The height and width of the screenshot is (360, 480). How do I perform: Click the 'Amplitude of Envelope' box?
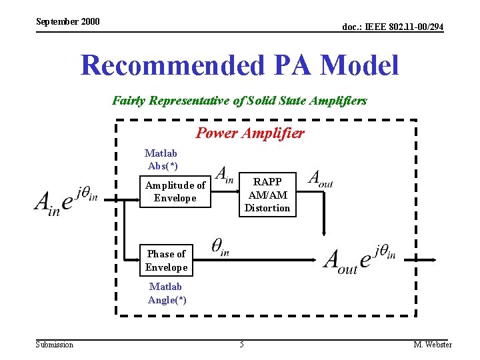coord(175,191)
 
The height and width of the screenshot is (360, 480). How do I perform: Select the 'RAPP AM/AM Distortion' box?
coord(267,195)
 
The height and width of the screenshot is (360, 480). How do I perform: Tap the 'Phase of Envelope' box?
coord(166,260)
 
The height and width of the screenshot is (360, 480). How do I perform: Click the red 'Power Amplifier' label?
coord(250,133)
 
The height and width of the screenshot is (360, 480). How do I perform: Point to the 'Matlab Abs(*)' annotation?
coord(161,159)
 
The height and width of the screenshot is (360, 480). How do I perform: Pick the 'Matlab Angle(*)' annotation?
coord(166,293)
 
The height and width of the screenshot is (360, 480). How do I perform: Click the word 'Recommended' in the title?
coord(173,65)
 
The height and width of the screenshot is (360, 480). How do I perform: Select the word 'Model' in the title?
coord(359,65)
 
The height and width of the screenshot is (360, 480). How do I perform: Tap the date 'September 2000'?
coord(67,21)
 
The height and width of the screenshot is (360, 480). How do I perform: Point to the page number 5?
coord(242,345)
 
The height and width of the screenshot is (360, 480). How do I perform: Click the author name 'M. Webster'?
coord(433,345)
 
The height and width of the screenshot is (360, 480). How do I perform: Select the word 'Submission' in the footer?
coord(55,345)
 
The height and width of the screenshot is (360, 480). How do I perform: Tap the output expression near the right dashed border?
coord(360,259)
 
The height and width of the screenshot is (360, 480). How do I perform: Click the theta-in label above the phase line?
coord(221,247)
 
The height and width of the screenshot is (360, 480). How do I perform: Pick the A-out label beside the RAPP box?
coord(320,179)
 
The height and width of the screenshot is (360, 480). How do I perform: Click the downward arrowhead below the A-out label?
coord(324,233)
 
